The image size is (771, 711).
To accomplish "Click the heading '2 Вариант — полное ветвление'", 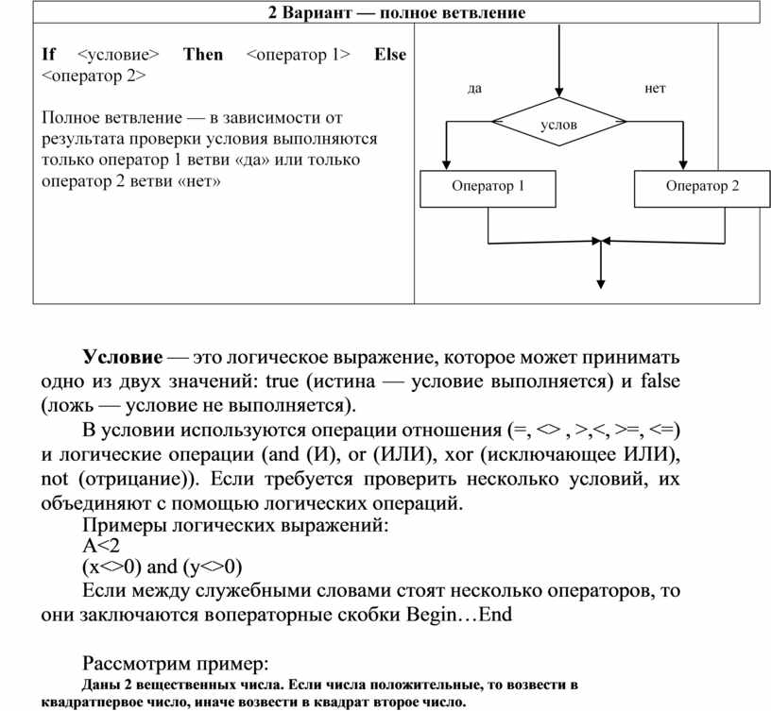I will coord(396,12).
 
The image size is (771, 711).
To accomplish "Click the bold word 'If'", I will coord(49,54).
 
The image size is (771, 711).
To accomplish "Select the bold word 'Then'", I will coord(202,54).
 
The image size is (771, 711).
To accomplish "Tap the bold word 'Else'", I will coord(389,54).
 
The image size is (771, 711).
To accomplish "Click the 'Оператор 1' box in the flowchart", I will coord(488,186).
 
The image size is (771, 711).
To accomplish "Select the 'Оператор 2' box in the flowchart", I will coord(701,186).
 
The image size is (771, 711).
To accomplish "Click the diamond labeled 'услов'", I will coord(558,124).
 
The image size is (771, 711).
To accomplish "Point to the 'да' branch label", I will coord(474,88).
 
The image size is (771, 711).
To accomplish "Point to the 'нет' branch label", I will coord(655,88).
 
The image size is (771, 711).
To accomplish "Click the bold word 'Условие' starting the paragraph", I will coord(122,359).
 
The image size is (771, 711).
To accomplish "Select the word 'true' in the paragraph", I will coord(281,382).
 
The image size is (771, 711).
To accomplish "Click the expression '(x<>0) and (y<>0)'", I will coord(163,567).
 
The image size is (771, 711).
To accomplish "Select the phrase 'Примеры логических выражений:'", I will coord(235,525).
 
